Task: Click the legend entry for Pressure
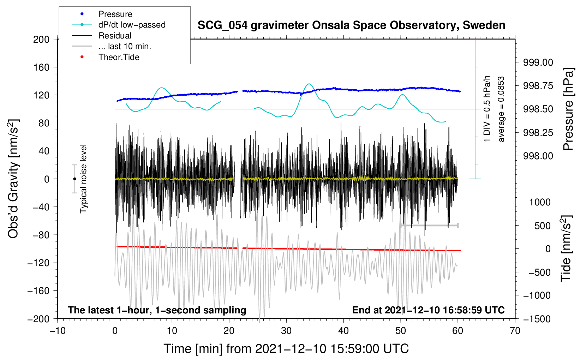click(102, 14)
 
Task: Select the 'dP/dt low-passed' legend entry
click(119, 25)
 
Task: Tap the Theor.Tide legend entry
click(106, 57)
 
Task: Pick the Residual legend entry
click(102, 36)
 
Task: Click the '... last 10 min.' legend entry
click(112, 46)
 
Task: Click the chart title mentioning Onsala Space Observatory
click(351, 25)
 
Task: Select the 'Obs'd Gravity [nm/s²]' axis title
click(13, 179)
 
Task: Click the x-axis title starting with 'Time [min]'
click(286, 349)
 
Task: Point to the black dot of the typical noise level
click(74, 179)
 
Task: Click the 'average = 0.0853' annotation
click(501, 109)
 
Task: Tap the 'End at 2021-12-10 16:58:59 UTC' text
click(428, 310)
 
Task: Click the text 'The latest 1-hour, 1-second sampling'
click(157, 310)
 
